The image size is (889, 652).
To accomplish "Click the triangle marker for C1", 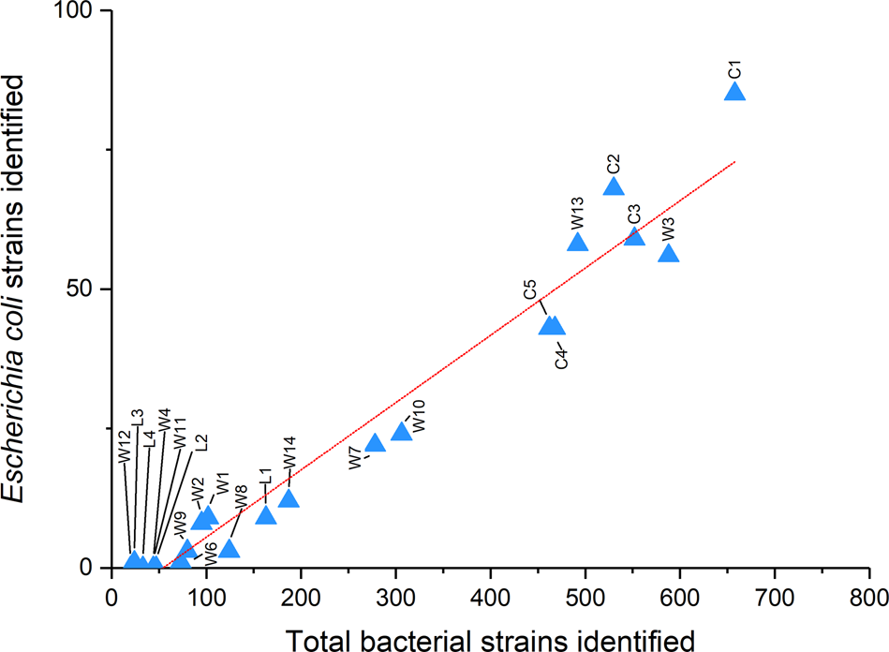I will coord(734,92).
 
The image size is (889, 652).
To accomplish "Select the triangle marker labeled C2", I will coord(614,186).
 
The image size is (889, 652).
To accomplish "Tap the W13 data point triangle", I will coord(577,243).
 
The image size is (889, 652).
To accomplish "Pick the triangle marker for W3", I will coord(668,254).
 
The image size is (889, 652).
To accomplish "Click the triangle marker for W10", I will coord(402,431).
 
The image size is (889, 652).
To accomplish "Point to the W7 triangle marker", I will coord(375,443).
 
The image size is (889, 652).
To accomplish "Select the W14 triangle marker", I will coord(289,498).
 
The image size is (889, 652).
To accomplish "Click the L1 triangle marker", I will coord(266,515).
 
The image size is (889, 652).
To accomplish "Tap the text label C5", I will coord(530,289).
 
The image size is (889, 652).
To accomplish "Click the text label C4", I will coord(561,357).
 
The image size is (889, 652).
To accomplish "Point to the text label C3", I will coord(634,214).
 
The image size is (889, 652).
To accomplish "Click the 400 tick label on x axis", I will coord(490,597).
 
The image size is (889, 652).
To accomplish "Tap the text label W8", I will coord(242,497).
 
